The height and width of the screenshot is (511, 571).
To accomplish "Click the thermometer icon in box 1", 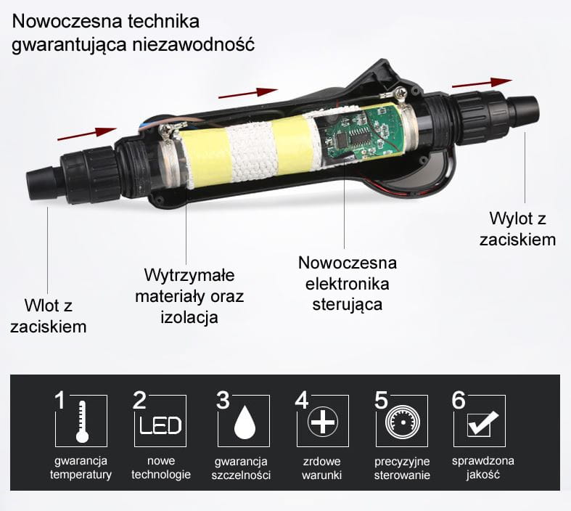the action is pos(82,422).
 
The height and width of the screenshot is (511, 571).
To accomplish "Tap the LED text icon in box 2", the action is pos(160,425).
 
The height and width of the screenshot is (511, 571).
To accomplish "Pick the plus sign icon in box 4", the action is pos(323,422).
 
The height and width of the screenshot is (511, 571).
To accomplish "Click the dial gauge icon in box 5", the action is pos(403,422).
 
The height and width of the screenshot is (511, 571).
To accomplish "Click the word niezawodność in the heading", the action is pos(194,45).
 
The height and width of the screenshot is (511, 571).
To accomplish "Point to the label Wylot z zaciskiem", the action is pos(517,229).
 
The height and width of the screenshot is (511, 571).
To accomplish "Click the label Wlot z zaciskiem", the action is pos(49,316).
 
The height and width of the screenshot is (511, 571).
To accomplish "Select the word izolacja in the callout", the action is pos(189,318).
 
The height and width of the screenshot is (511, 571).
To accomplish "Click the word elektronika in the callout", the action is pos(348,284).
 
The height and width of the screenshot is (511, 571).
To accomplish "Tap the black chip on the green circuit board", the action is pos(342,139).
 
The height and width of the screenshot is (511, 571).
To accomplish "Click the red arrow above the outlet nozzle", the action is pos(482,83).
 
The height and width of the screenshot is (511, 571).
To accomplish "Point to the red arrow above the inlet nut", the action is pos(87,134).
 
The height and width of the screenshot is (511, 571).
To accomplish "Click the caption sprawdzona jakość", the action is pos(483,467).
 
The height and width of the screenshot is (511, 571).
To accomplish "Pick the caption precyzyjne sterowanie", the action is pos(402,468).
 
